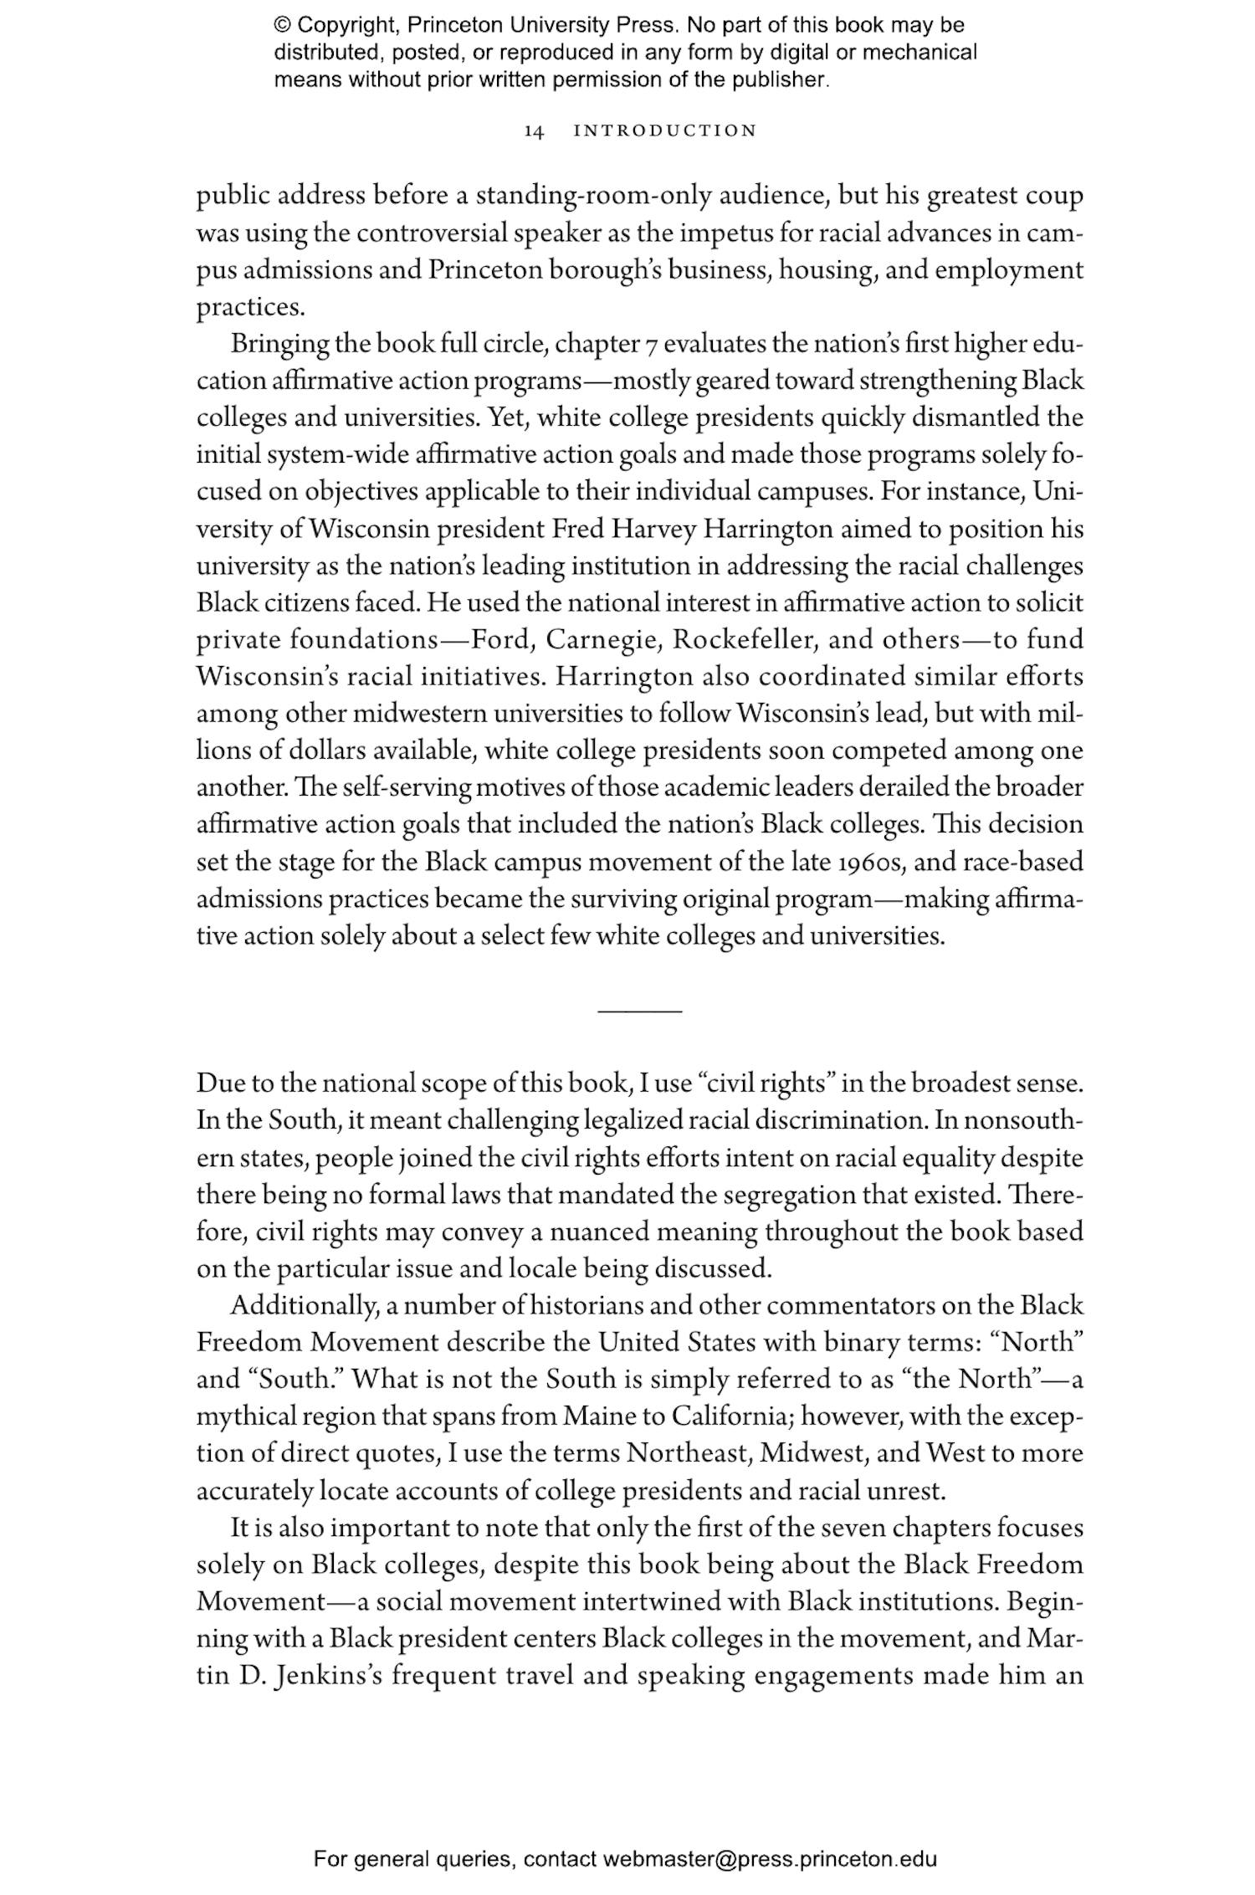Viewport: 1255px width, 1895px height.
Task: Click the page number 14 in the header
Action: (x=535, y=131)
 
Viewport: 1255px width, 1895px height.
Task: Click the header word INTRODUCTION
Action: (x=665, y=131)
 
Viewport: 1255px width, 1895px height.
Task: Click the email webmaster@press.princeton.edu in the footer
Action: (x=769, y=1859)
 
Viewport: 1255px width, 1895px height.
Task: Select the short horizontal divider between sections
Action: (x=640, y=1012)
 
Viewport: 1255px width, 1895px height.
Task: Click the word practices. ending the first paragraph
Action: (x=249, y=308)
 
